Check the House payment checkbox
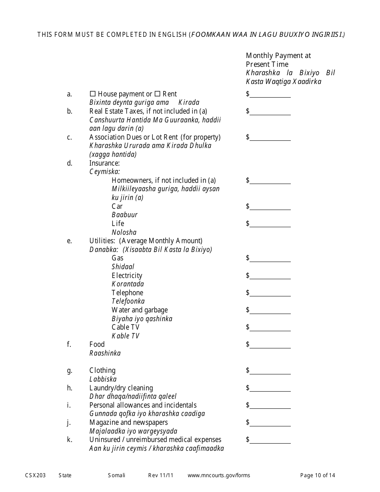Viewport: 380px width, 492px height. click(92, 94)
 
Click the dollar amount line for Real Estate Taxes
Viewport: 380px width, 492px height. click(270, 112)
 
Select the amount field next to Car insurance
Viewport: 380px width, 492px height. click(270, 207)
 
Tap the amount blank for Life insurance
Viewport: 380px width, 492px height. click(270, 224)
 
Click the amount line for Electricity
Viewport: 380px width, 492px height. click(270, 276)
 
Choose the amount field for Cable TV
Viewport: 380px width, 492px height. click(270, 328)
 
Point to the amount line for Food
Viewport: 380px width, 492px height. click(270, 345)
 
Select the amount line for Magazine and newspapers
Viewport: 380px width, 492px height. click(270, 423)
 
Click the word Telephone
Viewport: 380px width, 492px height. click(127, 293)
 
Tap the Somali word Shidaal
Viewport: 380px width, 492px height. click(123, 267)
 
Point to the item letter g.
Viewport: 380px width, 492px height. click(70, 371)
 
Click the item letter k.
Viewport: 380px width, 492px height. click(70, 440)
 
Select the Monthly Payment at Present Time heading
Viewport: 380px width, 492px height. click(278, 60)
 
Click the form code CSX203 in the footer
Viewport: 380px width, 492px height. click(36, 475)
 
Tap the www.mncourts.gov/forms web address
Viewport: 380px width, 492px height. click(219, 475)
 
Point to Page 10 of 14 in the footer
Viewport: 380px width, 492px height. click(318, 475)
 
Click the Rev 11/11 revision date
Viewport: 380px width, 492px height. click(161, 475)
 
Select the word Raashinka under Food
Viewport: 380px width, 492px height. click(105, 353)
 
